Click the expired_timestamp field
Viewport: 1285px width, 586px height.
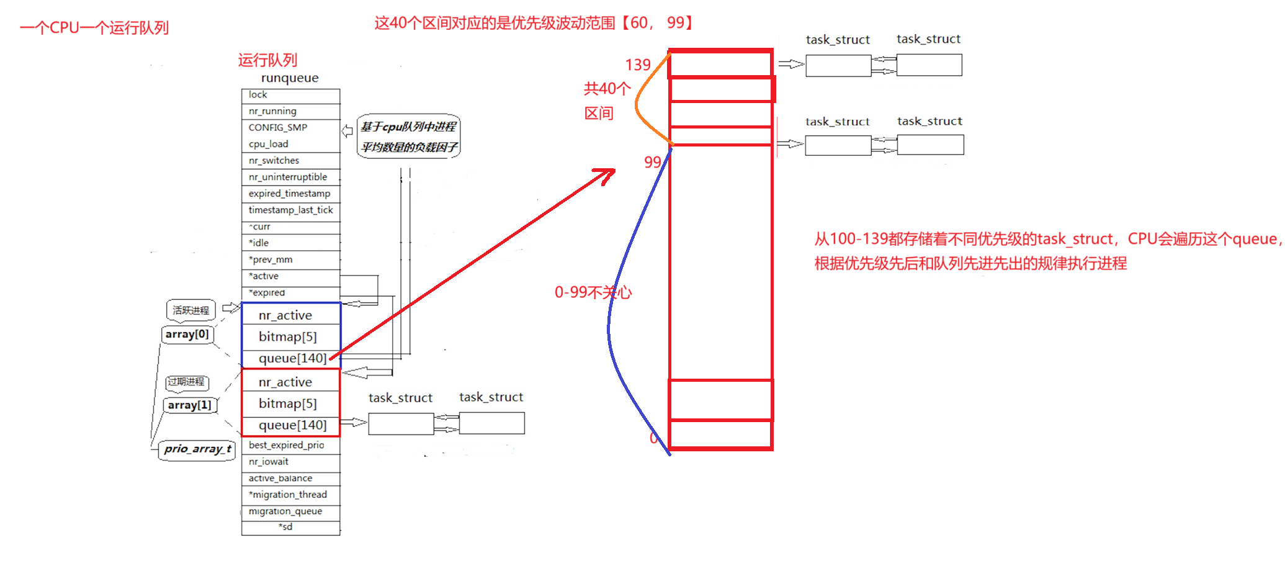tap(290, 194)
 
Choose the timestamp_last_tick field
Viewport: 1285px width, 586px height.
tap(290, 210)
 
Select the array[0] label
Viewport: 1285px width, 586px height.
tap(187, 335)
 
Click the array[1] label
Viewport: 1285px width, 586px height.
tap(189, 405)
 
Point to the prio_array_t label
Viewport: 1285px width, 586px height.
tap(197, 449)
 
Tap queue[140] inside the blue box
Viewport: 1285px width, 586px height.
tap(292, 358)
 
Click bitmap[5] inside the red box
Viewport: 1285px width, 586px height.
tap(288, 403)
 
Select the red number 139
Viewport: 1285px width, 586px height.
tap(637, 65)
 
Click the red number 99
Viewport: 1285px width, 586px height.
tap(652, 163)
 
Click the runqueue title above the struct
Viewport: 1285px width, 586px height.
tap(290, 78)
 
